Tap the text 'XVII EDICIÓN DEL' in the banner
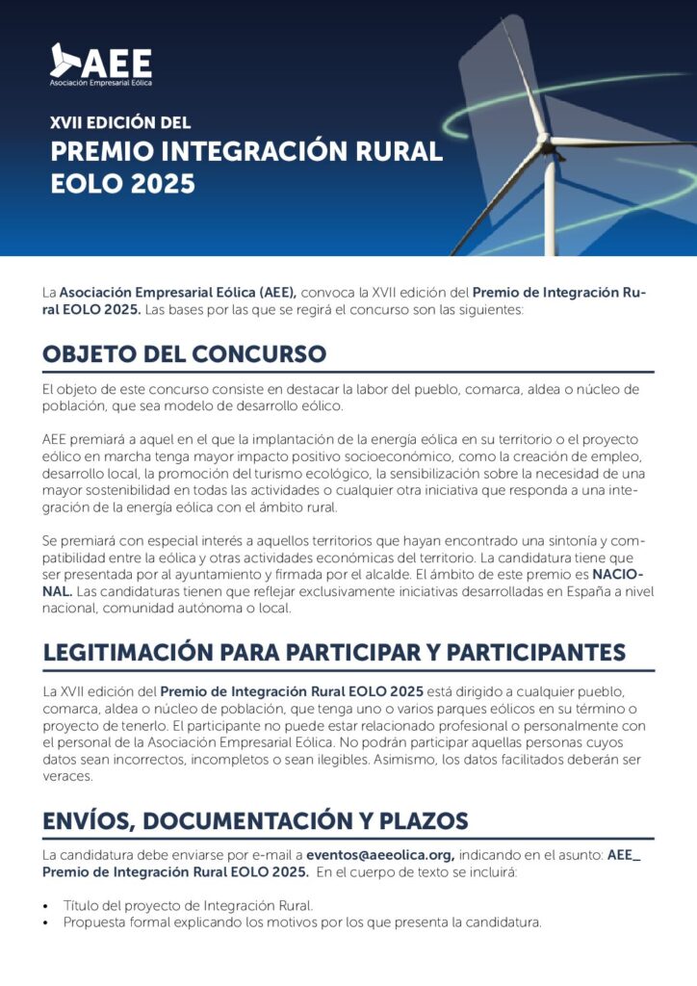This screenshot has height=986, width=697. pos(120,123)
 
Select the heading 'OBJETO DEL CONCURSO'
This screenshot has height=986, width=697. pos(184,353)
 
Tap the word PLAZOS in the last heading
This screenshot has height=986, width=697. pos(421,820)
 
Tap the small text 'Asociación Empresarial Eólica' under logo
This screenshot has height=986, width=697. pos(101,84)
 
